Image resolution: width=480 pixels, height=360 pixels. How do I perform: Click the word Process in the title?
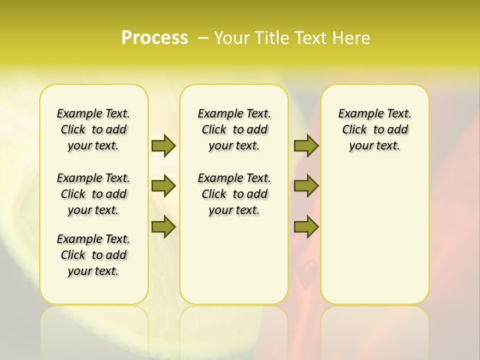(x=154, y=38)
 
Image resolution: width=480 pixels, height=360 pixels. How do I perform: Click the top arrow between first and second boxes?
(x=163, y=145)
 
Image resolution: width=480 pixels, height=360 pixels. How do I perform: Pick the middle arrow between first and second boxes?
(x=163, y=186)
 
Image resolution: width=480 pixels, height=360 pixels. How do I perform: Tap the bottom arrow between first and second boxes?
(x=163, y=227)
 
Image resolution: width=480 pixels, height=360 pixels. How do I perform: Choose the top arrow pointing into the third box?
(x=306, y=145)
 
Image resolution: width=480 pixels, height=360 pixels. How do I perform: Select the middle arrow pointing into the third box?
(x=306, y=186)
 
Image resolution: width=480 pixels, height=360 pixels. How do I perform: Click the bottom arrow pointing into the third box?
(x=306, y=227)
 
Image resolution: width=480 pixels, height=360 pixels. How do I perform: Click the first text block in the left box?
(x=93, y=129)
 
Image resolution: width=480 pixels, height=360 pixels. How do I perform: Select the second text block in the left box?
(x=93, y=194)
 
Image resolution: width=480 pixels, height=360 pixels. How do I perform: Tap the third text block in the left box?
(x=93, y=255)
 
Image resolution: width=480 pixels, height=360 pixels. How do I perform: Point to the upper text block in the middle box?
(x=234, y=129)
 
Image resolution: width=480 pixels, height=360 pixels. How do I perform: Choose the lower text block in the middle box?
(x=234, y=194)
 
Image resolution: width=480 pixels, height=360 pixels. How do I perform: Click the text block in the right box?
(x=374, y=129)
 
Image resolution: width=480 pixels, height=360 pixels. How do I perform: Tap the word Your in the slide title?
(x=232, y=38)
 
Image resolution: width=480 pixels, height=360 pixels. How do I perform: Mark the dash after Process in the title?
(x=203, y=38)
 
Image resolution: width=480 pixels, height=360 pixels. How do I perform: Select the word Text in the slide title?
(x=311, y=38)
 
